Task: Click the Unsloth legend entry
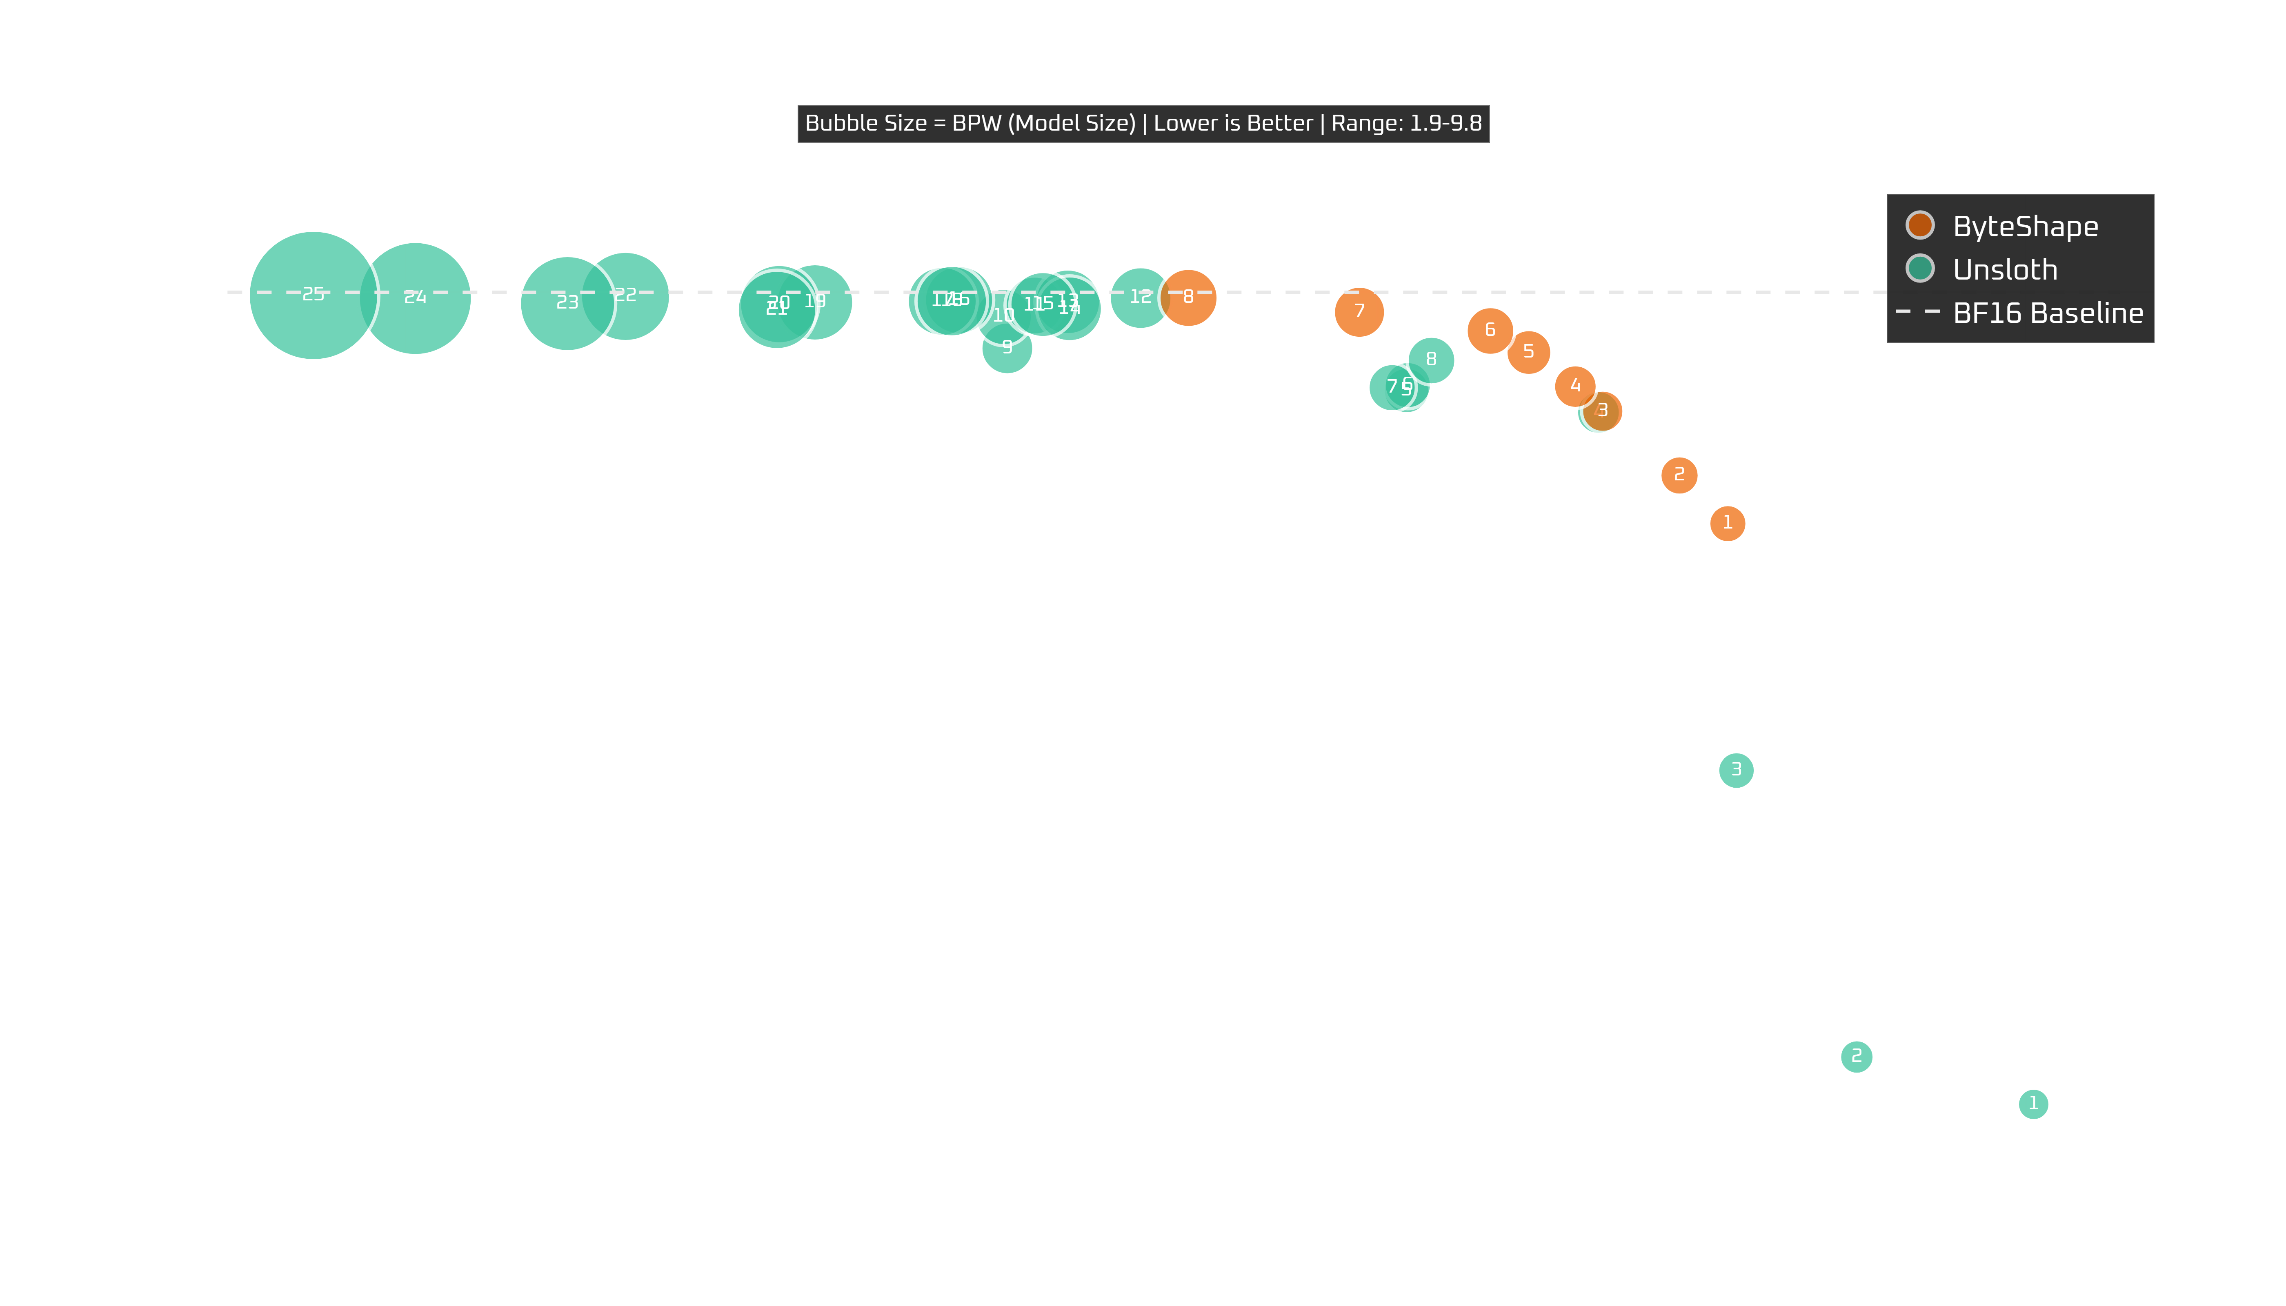click(x=2004, y=269)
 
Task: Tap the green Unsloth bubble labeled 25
click(x=313, y=295)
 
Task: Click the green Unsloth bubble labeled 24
click(x=414, y=298)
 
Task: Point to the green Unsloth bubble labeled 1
click(x=2033, y=1103)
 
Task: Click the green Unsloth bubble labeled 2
click(x=1856, y=1057)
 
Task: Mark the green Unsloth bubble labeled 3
click(x=1736, y=770)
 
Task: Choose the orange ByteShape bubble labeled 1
click(x=1727, y=523)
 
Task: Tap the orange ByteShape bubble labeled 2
click(x=1679, y=475)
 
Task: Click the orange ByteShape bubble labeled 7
click(x=1359, y=311)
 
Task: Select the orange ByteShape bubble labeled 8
click(x=1188, y=297)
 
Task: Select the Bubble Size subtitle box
click(x=1143, y=124)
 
